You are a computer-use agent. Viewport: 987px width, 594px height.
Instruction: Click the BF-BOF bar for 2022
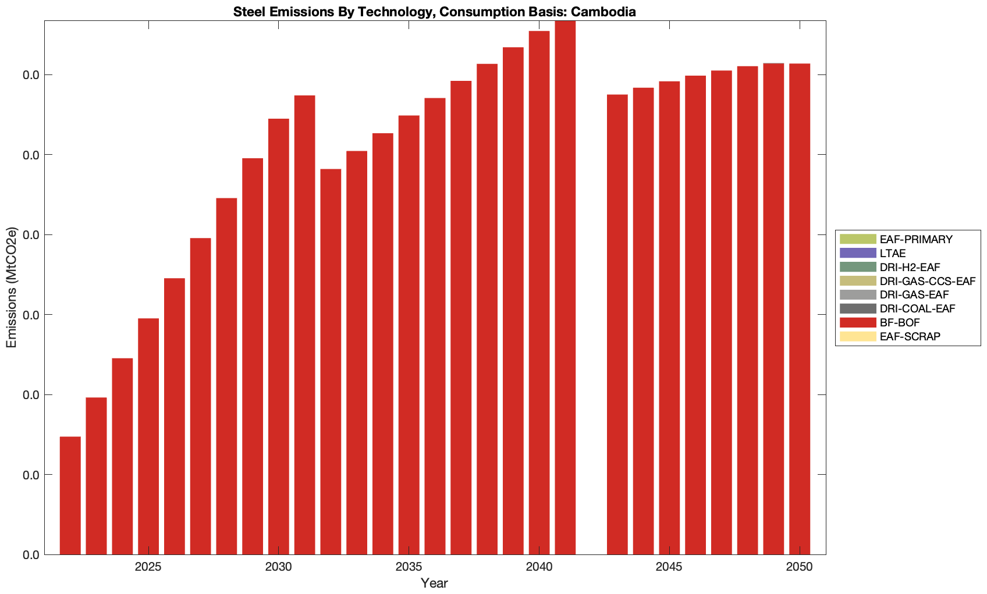pos(70,495)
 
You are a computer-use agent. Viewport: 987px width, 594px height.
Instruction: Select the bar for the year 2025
pos(148,436)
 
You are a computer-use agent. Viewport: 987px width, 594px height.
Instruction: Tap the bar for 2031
pos(304,325)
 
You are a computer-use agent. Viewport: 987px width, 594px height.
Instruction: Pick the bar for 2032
pos(331,361)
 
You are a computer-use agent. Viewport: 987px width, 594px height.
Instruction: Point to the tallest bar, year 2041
pos(565,287)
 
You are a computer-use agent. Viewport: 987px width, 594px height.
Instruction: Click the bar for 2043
pos(617,324)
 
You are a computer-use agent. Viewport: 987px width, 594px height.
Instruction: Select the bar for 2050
pos(800,309)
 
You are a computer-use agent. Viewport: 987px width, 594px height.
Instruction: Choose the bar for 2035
pos(409,335)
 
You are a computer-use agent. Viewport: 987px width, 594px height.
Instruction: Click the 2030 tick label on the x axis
pos(279,567)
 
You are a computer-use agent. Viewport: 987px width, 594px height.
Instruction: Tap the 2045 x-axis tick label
pos(669,567)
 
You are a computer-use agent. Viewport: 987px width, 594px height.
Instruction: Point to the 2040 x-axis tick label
pos(539,567)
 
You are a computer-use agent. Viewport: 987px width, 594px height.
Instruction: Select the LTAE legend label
pos(893,253)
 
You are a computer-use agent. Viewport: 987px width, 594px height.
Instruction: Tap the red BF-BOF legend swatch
pos(857,322)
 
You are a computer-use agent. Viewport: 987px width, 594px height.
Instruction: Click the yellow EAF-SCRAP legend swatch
pos(857,336)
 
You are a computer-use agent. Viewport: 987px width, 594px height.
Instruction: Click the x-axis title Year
pos(434,583)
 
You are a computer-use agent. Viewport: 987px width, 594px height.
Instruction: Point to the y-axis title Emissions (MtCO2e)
pos(12,287)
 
